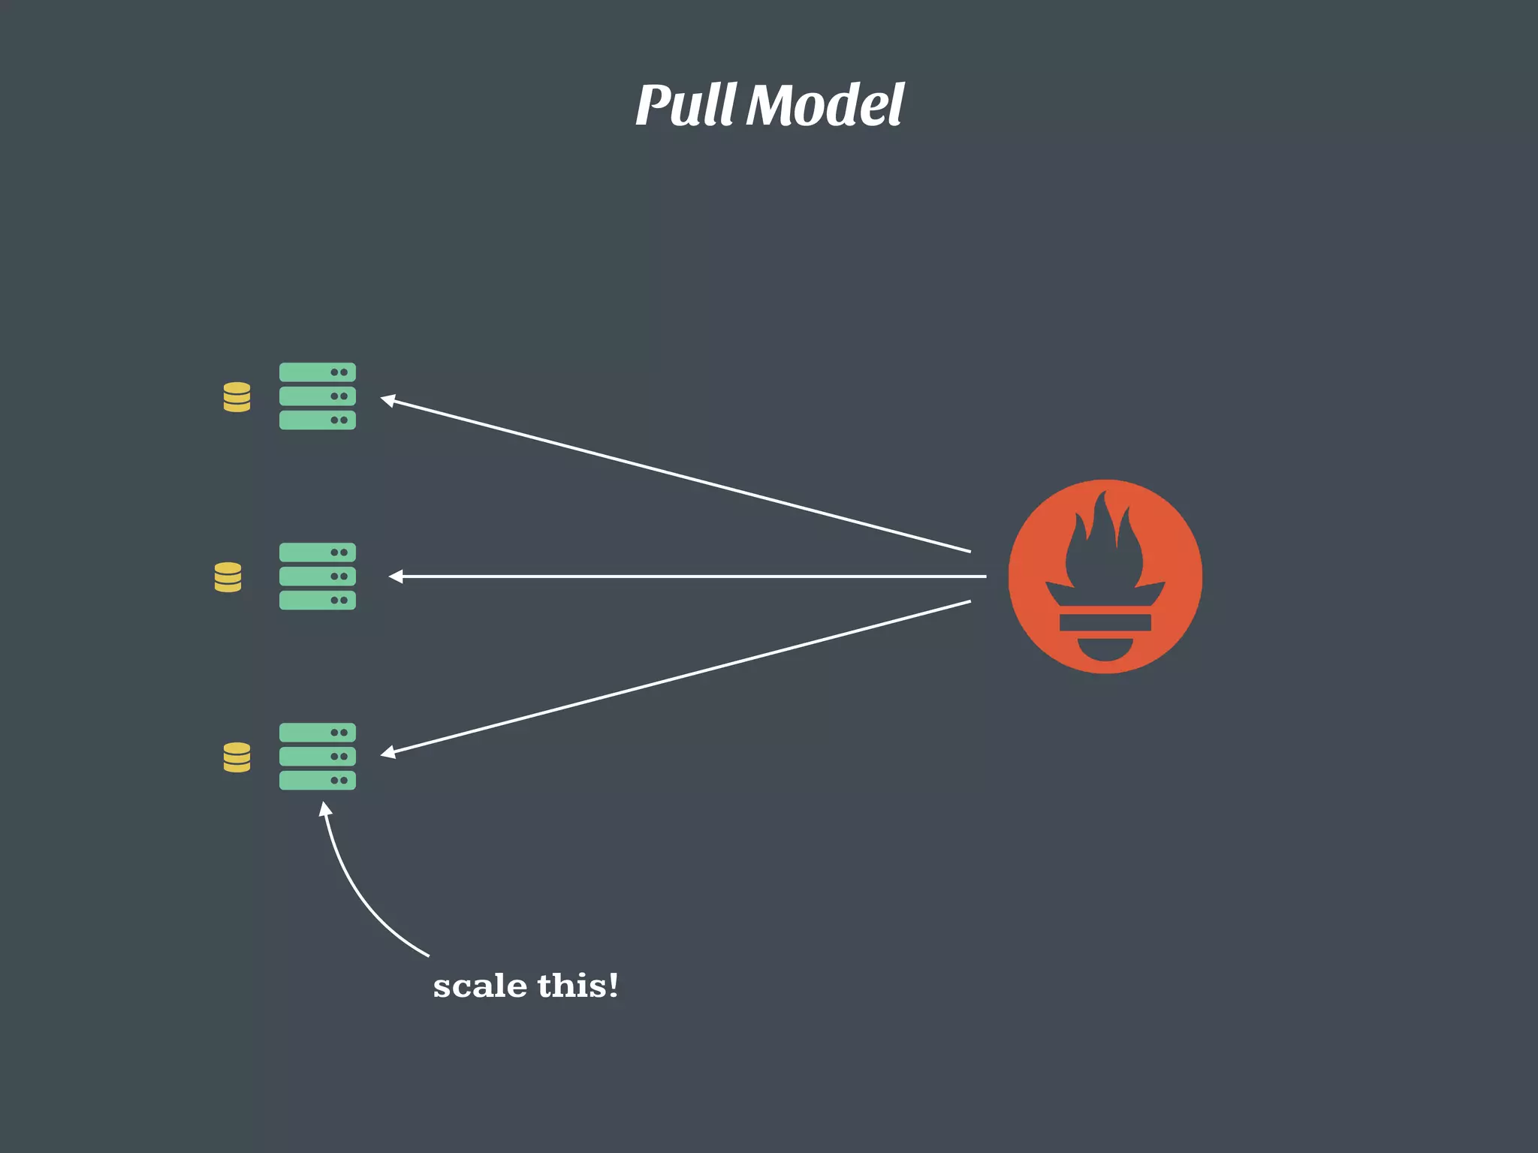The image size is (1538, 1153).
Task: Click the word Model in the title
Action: pyautogui.click(x=825, y=105)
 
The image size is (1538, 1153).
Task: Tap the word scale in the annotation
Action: pyautogui.click(x=480, y=986)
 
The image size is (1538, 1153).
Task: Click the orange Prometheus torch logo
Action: pyautogui.click(x=1105, y=576)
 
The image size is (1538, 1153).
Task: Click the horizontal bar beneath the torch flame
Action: pyautogui.click(x=1105, y=622)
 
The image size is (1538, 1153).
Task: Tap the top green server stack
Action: pyautogui.click(x=317, y=396)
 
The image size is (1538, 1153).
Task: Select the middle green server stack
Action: pyautogui.click(x=317, y=576)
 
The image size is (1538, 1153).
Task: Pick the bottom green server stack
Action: pyautogui.click(x=317, y=757)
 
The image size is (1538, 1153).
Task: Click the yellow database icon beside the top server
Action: pyautogui.click(x=237, y=397)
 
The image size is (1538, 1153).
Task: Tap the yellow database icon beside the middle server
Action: pyautogui.click(x=228, y=577)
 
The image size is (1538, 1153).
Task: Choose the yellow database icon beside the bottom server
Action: pyautogui.click(x=237, y=757)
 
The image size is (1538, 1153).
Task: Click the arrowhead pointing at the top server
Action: pyautogui.click(x=388, y=400)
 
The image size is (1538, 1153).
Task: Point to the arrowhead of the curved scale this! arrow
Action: pyautogui.click(x=325, y=808)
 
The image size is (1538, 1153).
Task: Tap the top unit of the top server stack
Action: pyautogui.click(x=317, y=372)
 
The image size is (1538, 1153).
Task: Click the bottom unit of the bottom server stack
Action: pyautogui.click(x=317, y=781)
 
